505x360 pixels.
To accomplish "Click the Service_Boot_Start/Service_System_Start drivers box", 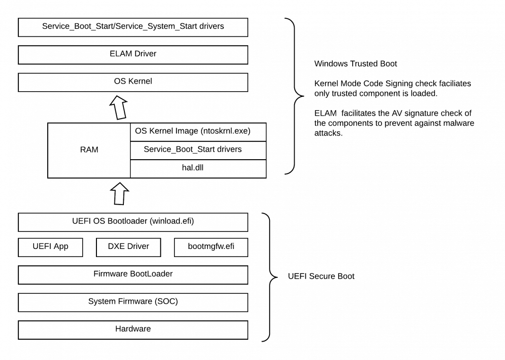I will pos(133,27).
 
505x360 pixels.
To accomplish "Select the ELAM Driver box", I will pos(133,54).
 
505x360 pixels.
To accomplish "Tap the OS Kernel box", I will pos(133,82).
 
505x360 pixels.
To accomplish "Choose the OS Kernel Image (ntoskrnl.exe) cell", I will pos(198,131).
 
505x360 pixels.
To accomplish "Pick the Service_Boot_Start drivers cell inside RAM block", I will pos(198,149).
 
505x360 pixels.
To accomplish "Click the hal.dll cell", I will pos(198,168).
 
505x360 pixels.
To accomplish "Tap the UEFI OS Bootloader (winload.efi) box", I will pos(133,222).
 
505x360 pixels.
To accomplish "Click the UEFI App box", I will pos(50,247).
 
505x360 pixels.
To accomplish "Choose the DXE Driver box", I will pos(129,247).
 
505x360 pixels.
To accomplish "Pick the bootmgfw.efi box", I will pos(211,247).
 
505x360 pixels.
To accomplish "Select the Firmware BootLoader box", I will pos(133,274).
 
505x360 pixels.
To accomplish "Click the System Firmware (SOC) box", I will pos(133,301).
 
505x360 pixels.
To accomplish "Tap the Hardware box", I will pos(133,329).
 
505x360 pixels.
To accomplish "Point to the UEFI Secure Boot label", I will pos(321,276).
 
